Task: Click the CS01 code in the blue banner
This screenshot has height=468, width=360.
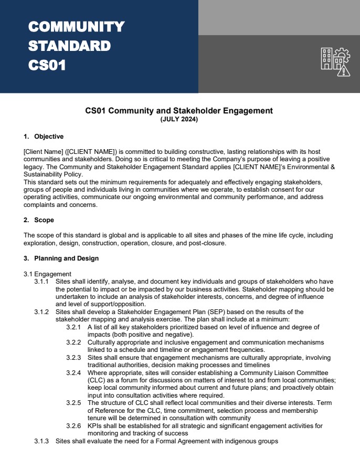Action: point(47,66)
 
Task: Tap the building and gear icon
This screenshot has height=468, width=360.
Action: point(335,61)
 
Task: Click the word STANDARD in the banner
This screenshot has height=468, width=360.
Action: point(69,46)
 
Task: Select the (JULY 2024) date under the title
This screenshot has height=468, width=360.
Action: point(179,119)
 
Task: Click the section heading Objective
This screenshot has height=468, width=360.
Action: point(49,137)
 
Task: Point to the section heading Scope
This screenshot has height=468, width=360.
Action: point(44,220)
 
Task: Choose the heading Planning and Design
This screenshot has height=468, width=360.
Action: point(66,258)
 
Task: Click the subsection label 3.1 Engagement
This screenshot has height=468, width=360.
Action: point(47,274)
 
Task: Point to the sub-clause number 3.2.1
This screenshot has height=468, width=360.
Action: point(73,327)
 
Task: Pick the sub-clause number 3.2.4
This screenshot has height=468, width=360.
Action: point(73,372)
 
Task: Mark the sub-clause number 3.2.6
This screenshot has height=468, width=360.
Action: point(73,426)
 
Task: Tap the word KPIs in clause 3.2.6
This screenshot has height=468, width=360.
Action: point(96,426)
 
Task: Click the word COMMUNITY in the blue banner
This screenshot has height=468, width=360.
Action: point(76,27)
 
